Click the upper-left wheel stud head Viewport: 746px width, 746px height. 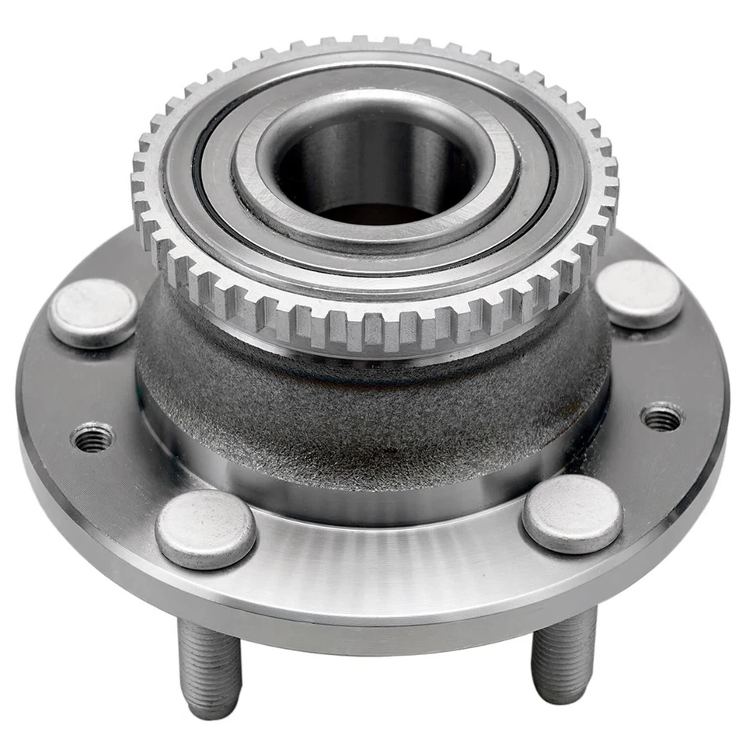92,312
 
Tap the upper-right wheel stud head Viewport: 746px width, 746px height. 639,293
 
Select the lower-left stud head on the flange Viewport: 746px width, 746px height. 205,528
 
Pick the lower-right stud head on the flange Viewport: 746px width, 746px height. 572,514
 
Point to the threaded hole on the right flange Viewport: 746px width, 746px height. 662,417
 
